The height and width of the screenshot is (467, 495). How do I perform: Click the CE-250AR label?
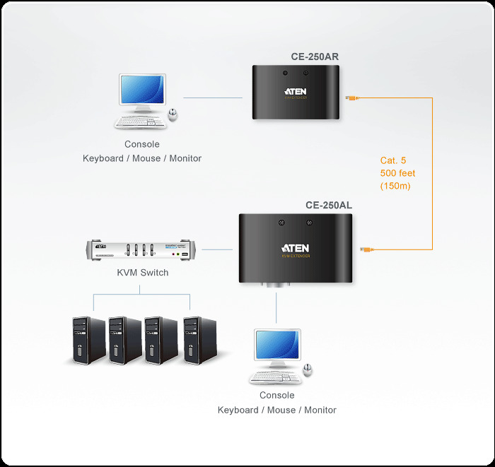tap(315, 57)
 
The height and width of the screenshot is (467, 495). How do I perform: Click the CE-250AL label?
tap(329, 206)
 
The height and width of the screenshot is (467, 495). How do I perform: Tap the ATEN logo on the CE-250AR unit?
tap(296, 91)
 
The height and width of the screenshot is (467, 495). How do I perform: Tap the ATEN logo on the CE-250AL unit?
tap(295, 248)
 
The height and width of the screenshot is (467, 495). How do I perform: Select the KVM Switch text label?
tap(143, 272)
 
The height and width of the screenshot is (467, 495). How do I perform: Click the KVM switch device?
tap(143, 251)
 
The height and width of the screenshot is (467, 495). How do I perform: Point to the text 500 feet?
tap(397, 173)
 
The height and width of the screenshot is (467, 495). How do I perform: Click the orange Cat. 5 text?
tap(393, 160)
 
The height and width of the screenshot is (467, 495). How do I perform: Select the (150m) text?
tap(395, 187)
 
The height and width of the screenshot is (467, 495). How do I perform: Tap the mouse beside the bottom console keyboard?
tap(308, 370)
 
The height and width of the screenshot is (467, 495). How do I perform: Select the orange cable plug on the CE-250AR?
tap(351, 98)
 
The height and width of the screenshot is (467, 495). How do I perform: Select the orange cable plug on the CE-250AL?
tap(368, 249)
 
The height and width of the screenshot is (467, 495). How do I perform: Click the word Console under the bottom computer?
tap(277, 396)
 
